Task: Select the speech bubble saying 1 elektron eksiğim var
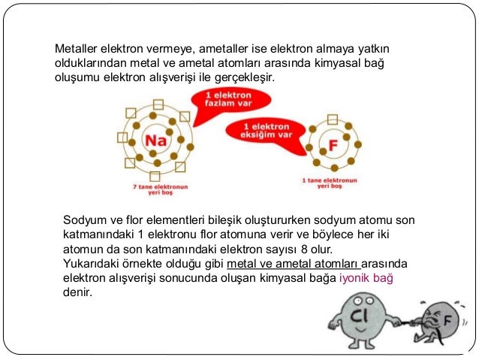[x=270, y=131]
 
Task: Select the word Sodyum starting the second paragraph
[x=86, y=220]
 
